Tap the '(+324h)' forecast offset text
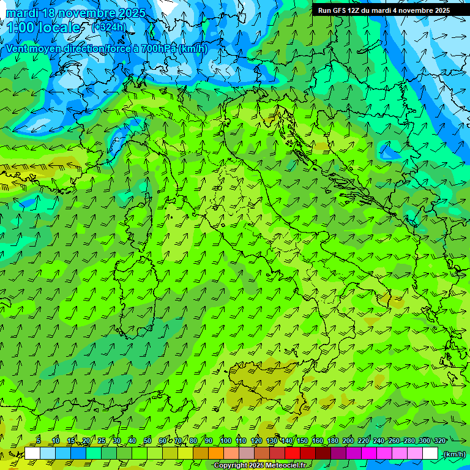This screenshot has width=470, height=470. (111, 27)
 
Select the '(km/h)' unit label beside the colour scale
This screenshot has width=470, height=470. (453, 454)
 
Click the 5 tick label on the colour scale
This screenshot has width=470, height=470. (39, 441)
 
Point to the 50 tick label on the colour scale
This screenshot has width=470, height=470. (147, 441)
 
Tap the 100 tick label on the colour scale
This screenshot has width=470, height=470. (225, 441)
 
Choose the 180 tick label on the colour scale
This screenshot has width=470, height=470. (332, 441)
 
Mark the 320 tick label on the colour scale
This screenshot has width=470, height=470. (439, 441)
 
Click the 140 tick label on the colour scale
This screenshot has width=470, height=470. (286, 441)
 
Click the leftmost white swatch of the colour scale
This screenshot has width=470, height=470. (32, 453)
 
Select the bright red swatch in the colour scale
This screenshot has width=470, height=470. (293, 453)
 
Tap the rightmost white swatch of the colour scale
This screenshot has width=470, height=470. (430, 453)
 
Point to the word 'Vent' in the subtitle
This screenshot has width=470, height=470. (18, 48)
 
